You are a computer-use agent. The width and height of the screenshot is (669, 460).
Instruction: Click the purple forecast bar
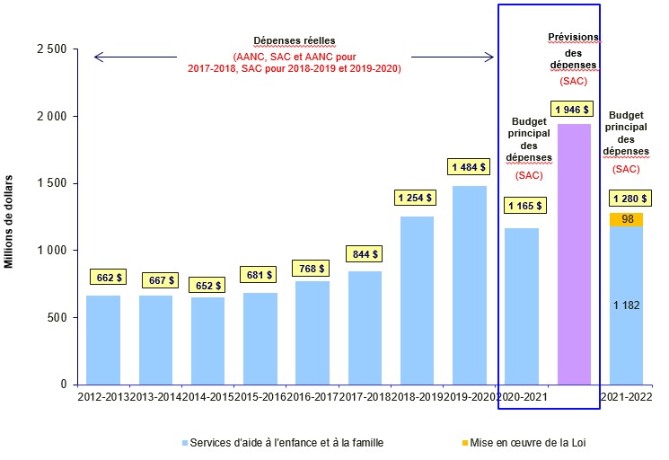[574, 254]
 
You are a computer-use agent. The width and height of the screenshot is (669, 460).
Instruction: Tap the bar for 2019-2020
[470, 285]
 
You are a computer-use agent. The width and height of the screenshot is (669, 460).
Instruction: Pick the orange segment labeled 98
[626, 219]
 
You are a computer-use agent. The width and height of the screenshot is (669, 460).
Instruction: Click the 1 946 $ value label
[574, 110]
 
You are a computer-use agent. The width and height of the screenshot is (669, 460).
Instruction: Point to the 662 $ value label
[106, 278]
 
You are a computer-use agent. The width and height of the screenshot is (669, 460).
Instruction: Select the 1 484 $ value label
[470, 167]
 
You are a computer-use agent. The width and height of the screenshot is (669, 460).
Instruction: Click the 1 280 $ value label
[626, 199]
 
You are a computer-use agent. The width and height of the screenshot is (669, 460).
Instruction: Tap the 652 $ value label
[208, 284]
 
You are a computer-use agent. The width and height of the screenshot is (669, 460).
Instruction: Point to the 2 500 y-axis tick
[53, 49]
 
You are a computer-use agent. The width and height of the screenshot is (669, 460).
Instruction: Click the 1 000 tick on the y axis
[53, 250]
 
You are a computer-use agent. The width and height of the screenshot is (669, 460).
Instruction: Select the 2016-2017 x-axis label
[312, 396]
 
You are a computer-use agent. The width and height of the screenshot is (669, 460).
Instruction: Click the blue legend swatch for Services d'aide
[185, 442]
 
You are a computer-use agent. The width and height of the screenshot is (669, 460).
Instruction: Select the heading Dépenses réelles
[295, 40]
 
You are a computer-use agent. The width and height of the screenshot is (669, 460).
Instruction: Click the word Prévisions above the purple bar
[574, 37]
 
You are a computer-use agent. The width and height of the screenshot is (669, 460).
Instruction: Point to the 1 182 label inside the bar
[626, 305]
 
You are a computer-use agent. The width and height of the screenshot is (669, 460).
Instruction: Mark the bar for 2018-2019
[417, 300]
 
